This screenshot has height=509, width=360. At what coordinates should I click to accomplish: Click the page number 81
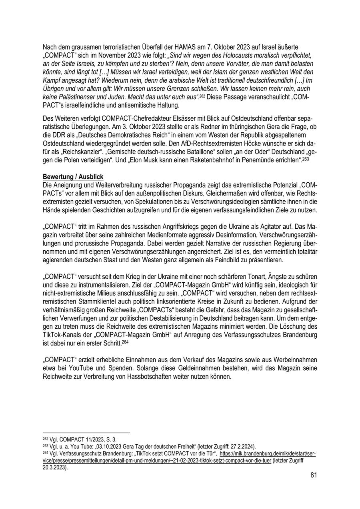click(313, 475)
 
